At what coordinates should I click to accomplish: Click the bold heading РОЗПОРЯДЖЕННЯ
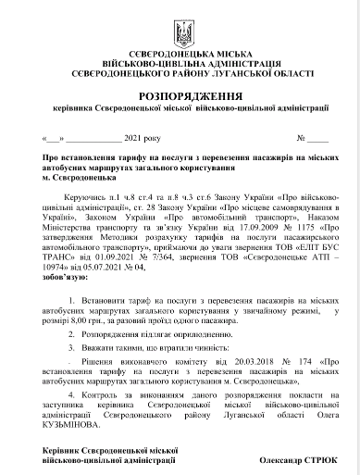[x=180, y=96]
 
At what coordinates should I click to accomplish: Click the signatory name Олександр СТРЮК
[x=298, y=459]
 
